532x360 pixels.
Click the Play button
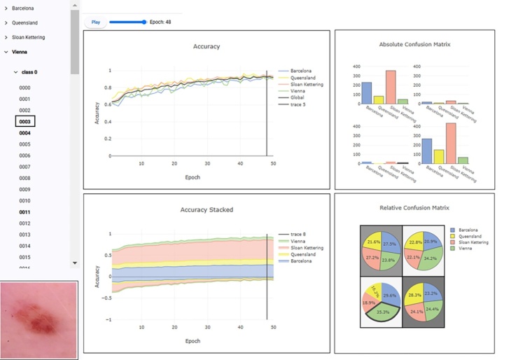point(96,22)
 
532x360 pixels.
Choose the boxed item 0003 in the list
point(24,122)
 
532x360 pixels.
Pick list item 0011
point(24,212)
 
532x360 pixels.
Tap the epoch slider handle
point(144,22)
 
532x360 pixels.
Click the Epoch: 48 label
point(160,22)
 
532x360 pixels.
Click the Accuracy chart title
point(206,46)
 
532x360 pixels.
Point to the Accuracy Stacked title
point(206,209)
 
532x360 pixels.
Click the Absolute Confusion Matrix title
point(414,44)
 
